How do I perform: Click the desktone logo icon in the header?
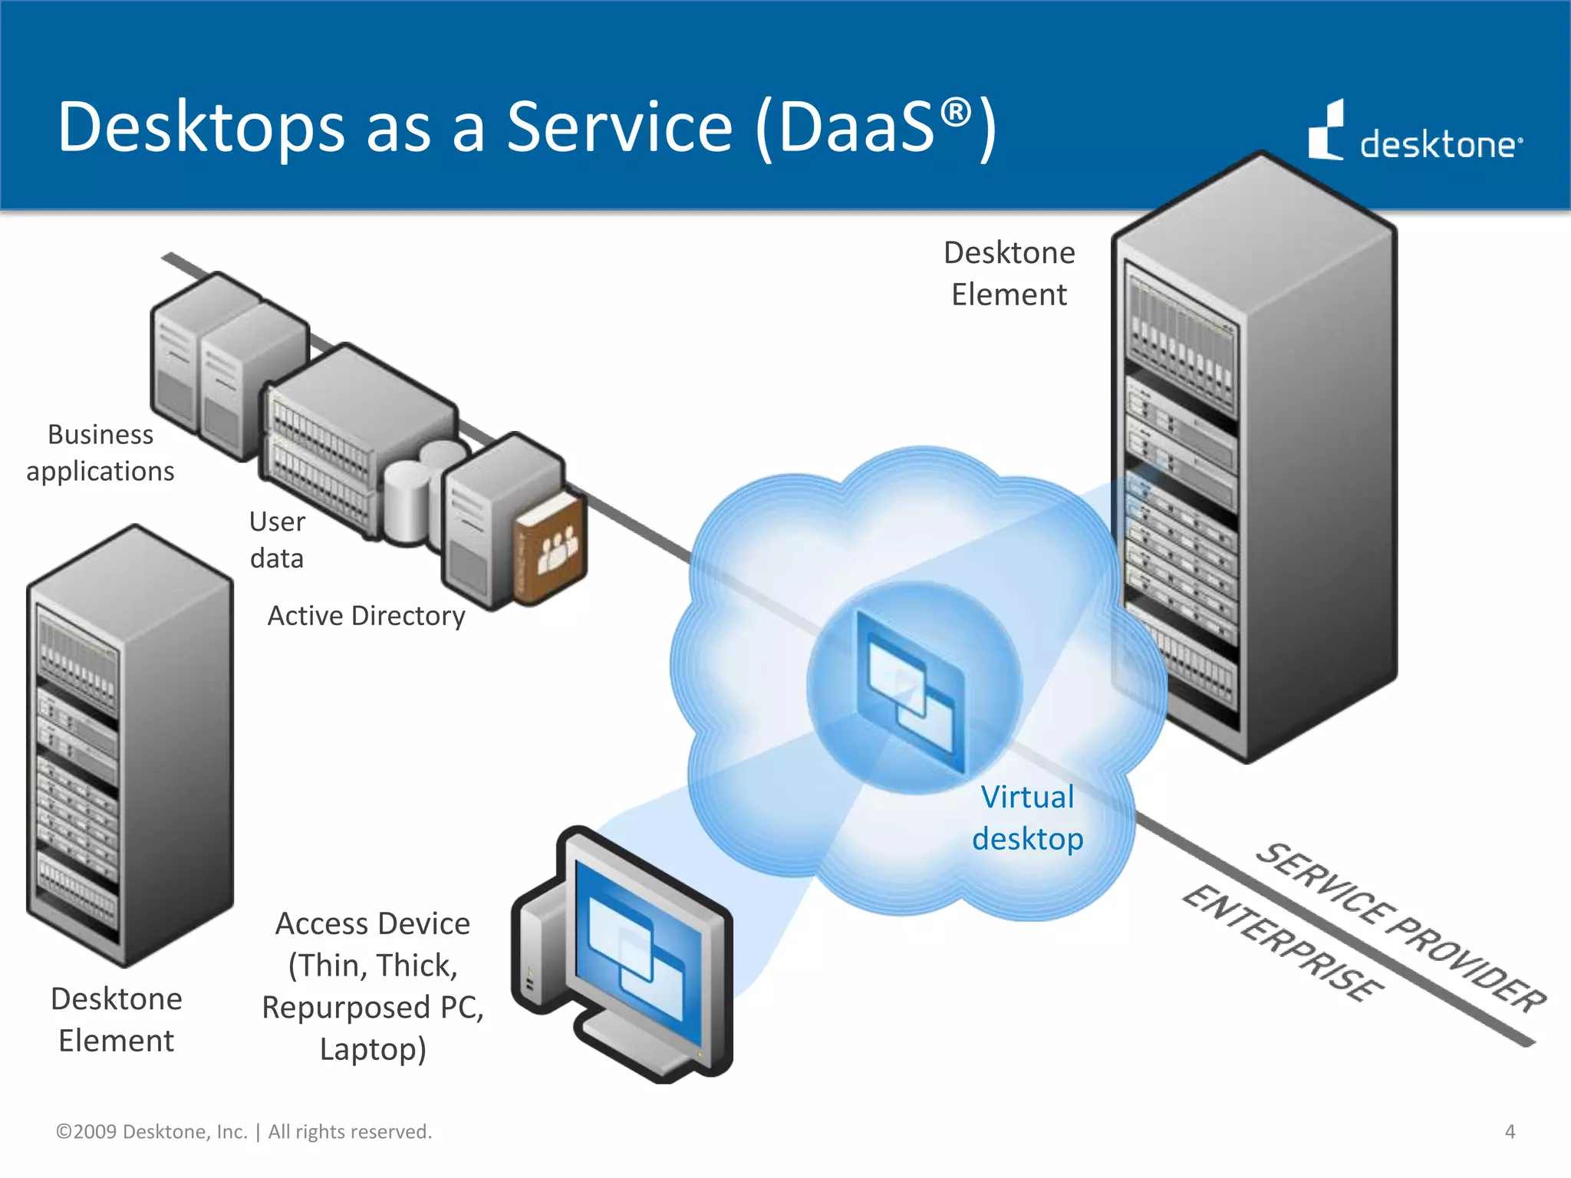pyautogui.click(x=1326, y=132)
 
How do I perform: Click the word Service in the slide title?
pyautogui.click(x=619, y=127)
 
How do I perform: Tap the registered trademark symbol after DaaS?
pyautogui.click(x=955, y=114)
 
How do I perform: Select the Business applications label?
pyautogui.click(x=100, y=452)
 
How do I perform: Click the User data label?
pyautogui.click(x=277, y=539)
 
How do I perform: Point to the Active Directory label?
pyautogui.click(x=366, y=616)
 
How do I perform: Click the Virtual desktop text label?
pyautogui.click(x=1027, y=818)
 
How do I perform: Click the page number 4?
pyautogui.click(x=1510, y=1131)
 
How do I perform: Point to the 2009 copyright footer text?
pyautogui.click(x=244, y=1131)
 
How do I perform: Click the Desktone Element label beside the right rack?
pyautogui.click(x=1009, y=274)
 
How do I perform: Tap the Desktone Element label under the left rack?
pyautogui.click(x=117, y=1020)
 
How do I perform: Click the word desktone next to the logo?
pyautogui.click(x=1438, y=144)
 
